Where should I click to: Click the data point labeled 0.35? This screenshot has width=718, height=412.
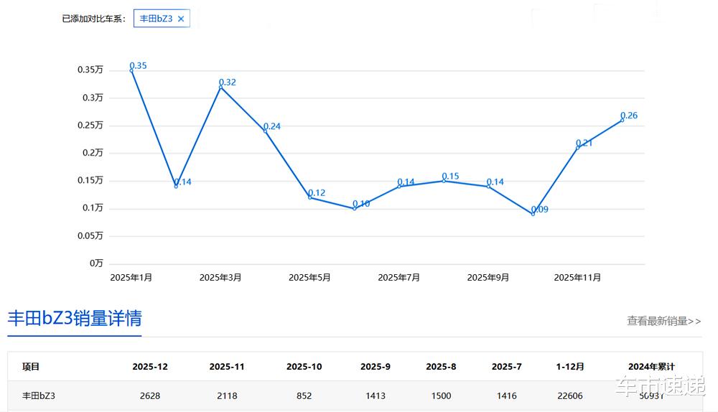pyautogui.click(x=131, y=70)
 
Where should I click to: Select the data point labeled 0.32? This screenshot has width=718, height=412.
pyautogui.click(x=220, y=87)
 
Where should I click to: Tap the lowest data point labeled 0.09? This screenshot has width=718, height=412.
pyautogui.click(x=533, y=214)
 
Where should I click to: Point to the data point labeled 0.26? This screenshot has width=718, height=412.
pyautogui.click(x=622, y=120)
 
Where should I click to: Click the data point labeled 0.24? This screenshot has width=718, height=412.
pyautogui.click(x=265, y=131)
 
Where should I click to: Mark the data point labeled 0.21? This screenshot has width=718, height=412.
pyautogui.click(x=577, y=147)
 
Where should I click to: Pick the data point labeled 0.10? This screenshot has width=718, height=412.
pyautogui.click(x=354, y=208)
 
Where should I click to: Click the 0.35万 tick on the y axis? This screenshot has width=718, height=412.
pyautogui.click(x=90, y=70)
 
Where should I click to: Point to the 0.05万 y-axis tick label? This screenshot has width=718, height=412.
pyautogui.click(x=90, y=235)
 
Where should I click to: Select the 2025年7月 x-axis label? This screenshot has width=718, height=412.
pyautogui.click(x=398, y=277)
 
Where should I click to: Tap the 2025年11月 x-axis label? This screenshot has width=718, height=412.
pyautogui.click(x=577, y=277)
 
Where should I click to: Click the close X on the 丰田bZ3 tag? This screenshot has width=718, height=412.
pyautogui.click(x=181, y=19)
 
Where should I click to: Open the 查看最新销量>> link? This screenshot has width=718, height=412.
pyautogui.click(x=663, y=321)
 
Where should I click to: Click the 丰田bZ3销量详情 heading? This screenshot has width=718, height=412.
pyautogui.click(x=74, y=319)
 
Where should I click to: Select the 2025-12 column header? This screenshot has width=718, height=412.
pyautogui.click(x=150, y=367)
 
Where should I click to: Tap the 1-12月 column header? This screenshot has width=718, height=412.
pyautogui.click(x=570, y=367)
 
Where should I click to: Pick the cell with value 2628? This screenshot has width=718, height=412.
pyautogui.click(x=150, y=395)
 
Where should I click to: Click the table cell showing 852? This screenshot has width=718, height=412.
pyautogui.click(x=304, y=395)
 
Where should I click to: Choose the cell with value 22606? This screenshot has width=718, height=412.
pyautogui.click(x=570, y=395)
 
